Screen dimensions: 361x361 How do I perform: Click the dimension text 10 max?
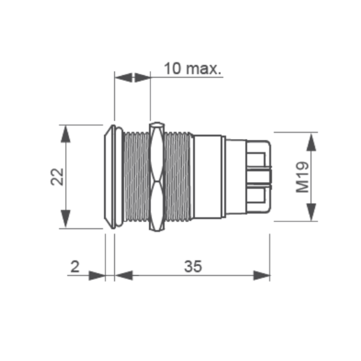coord(193,68)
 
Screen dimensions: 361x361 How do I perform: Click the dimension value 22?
coord(57,176)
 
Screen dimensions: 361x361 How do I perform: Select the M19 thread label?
coord(303,177)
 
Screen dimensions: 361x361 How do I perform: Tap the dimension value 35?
coord(193,266)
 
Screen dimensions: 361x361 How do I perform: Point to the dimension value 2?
coord(75,266)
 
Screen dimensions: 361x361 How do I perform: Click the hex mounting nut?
coord(156,176)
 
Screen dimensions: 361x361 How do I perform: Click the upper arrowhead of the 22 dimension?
coord(66,134)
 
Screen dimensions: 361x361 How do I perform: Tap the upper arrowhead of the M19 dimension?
coord(311,141)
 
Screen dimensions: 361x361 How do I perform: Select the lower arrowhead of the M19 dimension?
coord(311,212)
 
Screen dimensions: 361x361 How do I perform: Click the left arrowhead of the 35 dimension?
coord(123,275)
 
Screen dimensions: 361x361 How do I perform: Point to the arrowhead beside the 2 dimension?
coord(97,275)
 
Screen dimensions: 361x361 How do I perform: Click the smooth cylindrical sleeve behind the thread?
coord(208,176)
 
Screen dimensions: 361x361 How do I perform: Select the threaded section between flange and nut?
coord(135,176)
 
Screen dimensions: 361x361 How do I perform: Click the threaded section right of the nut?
coord(178,176)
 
